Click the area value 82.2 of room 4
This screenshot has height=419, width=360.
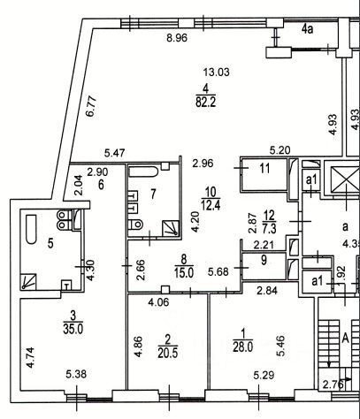206,103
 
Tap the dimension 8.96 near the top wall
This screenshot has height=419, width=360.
177,38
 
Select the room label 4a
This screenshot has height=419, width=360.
307,29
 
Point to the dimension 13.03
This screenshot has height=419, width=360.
217,72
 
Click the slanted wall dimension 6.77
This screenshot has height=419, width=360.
92,106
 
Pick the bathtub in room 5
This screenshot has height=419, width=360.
31,229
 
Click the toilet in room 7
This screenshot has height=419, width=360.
136,225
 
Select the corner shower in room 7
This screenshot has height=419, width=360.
171,228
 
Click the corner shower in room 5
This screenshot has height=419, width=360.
28,281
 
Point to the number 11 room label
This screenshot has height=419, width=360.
265,168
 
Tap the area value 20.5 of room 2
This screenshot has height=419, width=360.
168,354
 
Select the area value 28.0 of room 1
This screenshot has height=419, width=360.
243,347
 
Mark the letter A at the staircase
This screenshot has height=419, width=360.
345,339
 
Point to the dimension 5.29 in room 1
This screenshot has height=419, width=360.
264,375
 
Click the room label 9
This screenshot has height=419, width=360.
264,260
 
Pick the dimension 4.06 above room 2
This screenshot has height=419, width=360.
158,302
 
